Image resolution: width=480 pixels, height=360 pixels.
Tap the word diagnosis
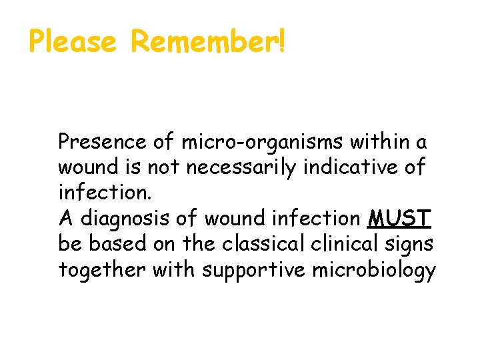pyautogui.click(x=135, y=219)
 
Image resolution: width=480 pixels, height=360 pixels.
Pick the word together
pyautogui.click(x=102, y=270)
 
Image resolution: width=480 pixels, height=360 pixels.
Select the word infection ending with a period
pyautogui.click(x=105, y=193)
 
